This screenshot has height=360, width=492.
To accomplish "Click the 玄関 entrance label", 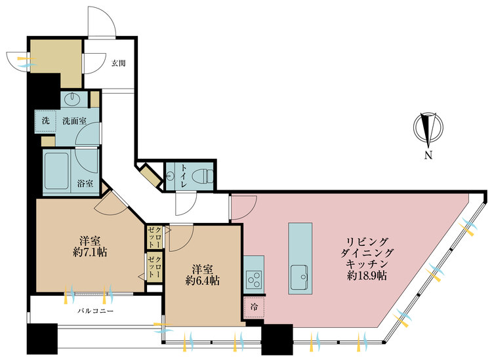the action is tap(119, 63).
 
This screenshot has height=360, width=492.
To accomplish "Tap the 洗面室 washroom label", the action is tap(74, 121).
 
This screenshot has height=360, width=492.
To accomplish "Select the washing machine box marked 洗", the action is tap(45, 121).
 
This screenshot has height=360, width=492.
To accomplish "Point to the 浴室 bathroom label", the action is tap(85, 184).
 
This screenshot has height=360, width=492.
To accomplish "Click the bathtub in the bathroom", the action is tap(56, 170).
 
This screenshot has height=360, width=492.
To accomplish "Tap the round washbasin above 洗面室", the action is tap(72, 100).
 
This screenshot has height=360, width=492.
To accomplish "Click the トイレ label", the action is tap(183, 176).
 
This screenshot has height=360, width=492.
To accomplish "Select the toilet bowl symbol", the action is tap(205, 176).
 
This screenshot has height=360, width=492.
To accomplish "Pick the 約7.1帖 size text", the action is tap(90, 252).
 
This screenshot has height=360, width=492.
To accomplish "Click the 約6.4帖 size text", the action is tap(203, 281).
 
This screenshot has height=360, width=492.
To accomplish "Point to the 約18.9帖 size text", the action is tap(367, 275).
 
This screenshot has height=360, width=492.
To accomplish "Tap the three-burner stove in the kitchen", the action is tap(254, 279).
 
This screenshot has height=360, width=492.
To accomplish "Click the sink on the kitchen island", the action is tap(299, 277).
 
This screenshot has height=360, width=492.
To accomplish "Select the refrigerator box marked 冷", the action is tap(254, 307).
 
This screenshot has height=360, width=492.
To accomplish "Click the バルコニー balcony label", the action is tap(95, 311).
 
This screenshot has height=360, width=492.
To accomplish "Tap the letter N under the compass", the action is tap(428, 155).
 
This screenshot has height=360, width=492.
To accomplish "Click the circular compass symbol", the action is tap(428, 128).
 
